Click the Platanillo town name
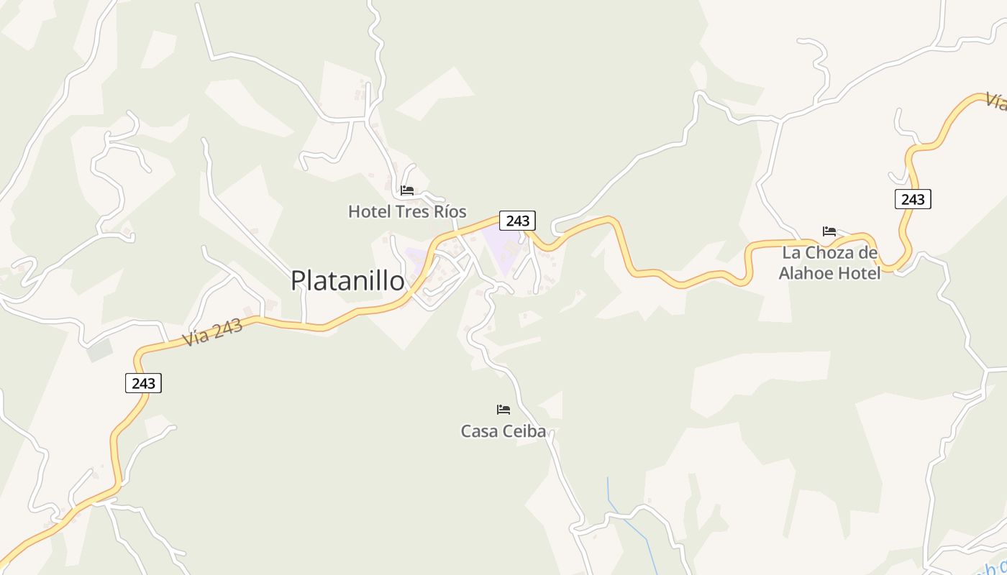point(347,280)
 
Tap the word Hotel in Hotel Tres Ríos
point(368,211)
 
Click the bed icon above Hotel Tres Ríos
point(407,190)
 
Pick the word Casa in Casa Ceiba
point(480,431)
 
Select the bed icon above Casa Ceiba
point(503,410)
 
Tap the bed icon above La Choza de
point(829,231)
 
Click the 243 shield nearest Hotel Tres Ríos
point(517,221)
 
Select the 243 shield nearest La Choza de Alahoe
point(913,199)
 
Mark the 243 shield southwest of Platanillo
point(143,383)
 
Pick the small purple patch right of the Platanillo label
point(415,255)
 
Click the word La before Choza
point(791,253)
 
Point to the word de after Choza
point(868,253)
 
